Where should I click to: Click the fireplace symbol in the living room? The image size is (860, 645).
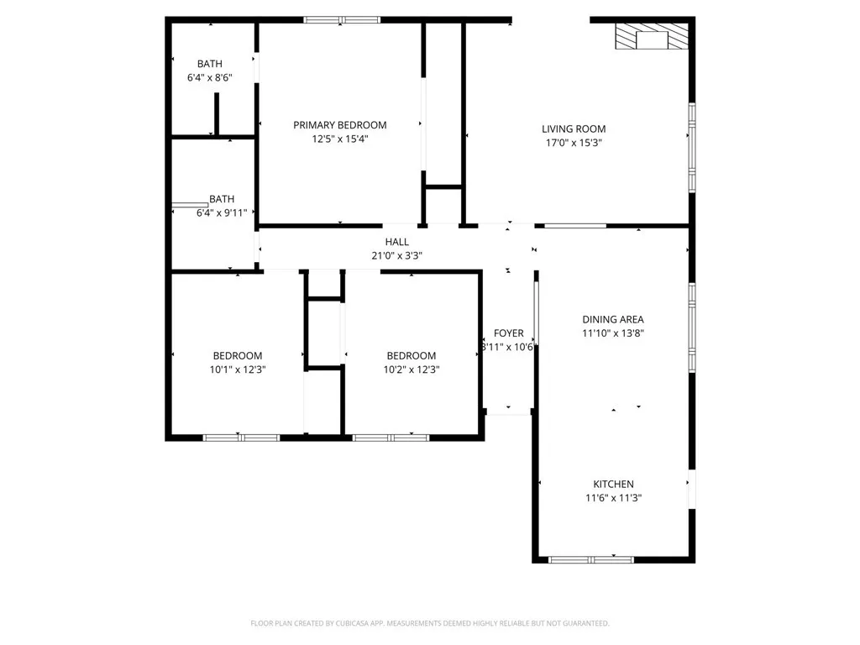653,38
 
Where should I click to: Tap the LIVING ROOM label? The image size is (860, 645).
574,129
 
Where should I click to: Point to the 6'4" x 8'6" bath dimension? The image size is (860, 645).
209,77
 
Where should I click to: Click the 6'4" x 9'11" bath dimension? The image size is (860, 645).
222,213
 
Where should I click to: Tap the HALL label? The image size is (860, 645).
396,242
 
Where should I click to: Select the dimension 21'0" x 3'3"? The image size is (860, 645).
396,255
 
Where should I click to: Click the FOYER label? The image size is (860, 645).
508,333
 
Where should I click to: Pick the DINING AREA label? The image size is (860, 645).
613,319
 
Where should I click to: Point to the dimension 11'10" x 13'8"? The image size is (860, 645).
613,333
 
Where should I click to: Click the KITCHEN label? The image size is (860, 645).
613,484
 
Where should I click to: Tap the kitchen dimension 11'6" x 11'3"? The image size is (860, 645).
613,498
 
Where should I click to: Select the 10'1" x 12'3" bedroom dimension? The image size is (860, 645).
237,370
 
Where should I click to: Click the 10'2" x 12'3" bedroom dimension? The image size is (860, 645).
411,370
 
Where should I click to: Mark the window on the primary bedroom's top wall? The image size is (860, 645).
340,20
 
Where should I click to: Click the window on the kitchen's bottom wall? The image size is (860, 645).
590,558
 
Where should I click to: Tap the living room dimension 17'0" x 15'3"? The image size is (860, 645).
574,143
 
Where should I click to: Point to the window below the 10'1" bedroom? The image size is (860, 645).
241,437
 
